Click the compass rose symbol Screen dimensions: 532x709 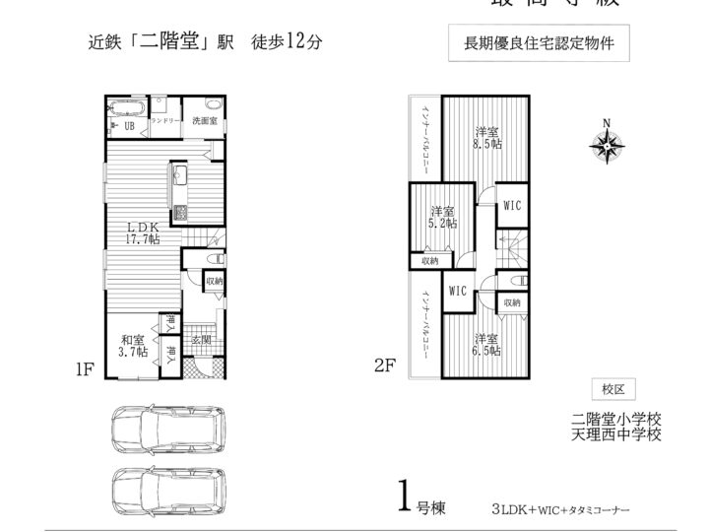(607, 145)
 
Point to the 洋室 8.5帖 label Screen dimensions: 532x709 (484, 138)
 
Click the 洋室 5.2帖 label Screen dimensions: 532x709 (442, 218)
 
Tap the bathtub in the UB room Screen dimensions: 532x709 (129, 107)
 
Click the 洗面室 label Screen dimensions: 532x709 (204, 121)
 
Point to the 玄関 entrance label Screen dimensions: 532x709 (202, 341)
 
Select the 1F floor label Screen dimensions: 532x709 (85, 370)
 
